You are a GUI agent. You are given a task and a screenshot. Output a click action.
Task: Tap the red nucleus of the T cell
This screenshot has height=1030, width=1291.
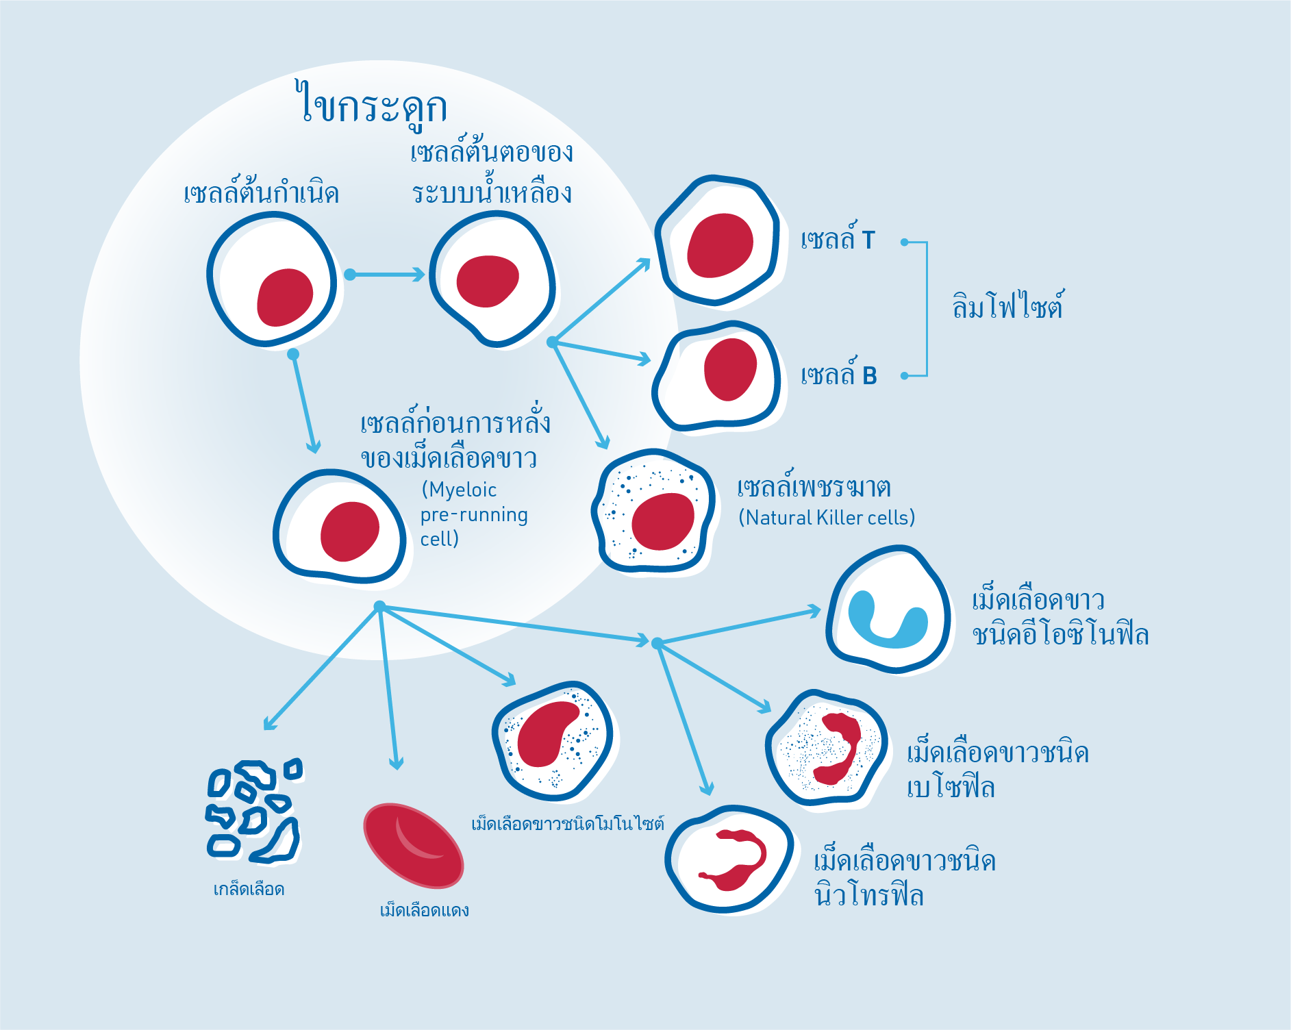pyautogui.click(x=720, y=245)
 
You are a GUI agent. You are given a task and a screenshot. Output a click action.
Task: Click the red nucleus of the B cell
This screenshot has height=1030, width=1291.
pyautogui.click(x=730, y=369)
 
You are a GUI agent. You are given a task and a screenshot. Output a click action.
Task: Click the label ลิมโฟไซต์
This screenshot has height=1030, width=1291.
pyautogui.click(x=1007, y=306)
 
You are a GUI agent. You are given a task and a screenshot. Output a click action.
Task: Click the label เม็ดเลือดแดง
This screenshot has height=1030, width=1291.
pyautogui.click(x=424, y=910)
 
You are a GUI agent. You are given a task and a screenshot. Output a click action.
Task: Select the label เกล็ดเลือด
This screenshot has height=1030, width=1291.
pyautogui.click(x=249, y=889)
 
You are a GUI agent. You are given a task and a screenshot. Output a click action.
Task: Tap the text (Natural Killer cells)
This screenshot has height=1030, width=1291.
pyautogui.click(x=826, y=518)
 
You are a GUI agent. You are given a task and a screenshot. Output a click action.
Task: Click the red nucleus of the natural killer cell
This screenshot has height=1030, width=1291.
pyautogui.click(x=662, y=521)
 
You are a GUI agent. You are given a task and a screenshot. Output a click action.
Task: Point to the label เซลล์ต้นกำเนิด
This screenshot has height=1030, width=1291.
pyautogui.click(x=261, y=193)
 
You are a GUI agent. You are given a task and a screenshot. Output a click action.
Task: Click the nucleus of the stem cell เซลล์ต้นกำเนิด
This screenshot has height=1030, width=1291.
pyautogui.click(x=285, y=297)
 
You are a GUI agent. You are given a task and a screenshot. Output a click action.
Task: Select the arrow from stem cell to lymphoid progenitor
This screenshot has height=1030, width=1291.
pyautogui.click(x=385, y=275)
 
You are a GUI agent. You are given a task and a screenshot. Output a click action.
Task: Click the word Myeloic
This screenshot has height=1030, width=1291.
pyautogui.click(x=459, y=490)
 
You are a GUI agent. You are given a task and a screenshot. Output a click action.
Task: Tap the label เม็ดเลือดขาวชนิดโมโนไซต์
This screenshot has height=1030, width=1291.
pyautogui.click(x=567, y=823)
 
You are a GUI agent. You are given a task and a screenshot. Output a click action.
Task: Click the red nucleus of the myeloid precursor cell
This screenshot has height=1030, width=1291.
pyautogui.click(x=349, y=531)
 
